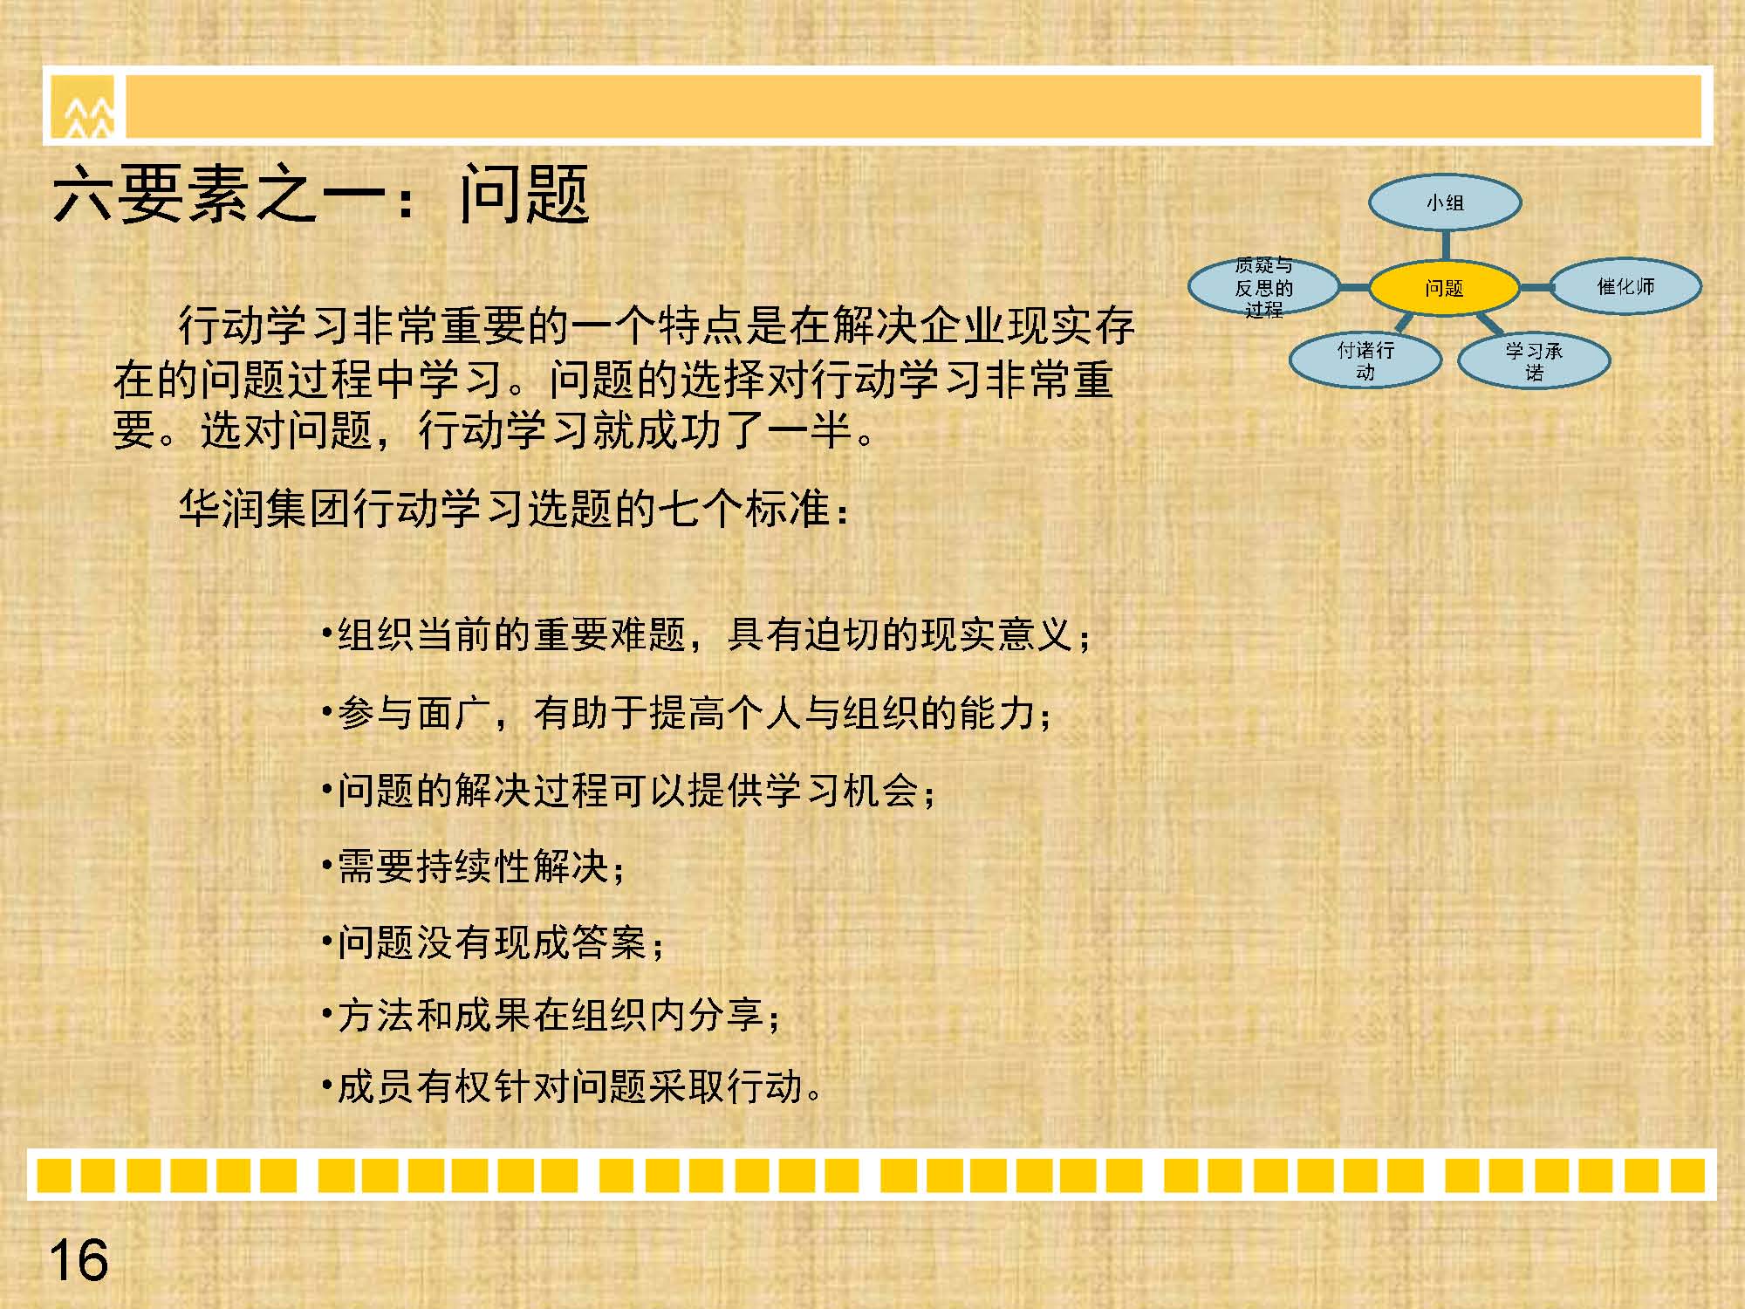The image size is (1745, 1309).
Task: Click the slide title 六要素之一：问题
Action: tap(321, 194)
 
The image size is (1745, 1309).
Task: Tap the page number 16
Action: tap(79, 1260)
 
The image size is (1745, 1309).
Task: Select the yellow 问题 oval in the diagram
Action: tap(1444, 288)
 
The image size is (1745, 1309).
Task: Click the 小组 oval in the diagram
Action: tap(1445, 202)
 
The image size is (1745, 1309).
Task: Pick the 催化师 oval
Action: tap(1625, 286)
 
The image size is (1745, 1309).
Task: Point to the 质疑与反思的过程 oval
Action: tap(1263, 287)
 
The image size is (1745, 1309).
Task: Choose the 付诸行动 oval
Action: tap(1365, 360)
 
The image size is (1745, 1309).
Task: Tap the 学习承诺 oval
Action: tap(1534, 360)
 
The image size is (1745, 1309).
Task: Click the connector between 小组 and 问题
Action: tap(1446, 246)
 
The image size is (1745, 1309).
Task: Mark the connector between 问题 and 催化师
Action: tap(1536, 287)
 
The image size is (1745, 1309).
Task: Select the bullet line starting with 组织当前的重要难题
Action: tap(706, 634)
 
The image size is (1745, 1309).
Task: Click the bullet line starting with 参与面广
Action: tap(687, 713)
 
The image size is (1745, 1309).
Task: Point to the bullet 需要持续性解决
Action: tap(473, 867)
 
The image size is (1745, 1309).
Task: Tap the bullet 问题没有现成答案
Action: tap(492, 942)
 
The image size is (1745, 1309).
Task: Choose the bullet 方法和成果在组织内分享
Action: tap(551, 1015)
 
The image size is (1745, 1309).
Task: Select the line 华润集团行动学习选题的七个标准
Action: tap(515, 508)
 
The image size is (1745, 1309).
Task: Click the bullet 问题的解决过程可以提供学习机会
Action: tap(628, 791)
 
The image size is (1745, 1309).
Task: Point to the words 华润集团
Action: tap(264, 508)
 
